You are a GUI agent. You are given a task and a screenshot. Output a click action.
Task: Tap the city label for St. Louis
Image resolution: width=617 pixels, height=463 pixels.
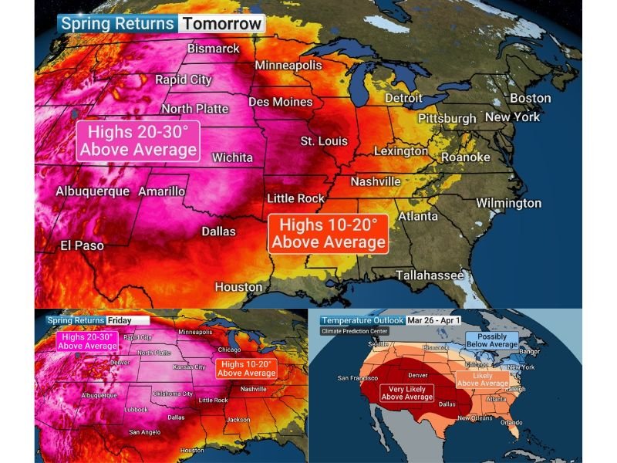click(324, 141)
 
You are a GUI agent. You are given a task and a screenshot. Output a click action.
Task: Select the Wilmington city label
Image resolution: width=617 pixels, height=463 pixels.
click(508, 203)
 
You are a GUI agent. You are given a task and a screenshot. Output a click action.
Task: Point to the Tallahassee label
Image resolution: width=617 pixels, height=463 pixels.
click(430, 275)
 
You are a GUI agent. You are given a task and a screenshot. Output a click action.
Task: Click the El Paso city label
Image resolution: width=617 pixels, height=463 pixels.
click(82, 245)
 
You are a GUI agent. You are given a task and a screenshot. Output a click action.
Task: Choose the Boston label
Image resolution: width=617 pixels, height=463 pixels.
click(530, 98)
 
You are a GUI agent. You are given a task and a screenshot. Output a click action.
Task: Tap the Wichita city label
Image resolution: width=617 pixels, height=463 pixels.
click(232, 157)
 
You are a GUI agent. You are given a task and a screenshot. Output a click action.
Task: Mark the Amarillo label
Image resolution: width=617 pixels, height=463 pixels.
click(161, 191)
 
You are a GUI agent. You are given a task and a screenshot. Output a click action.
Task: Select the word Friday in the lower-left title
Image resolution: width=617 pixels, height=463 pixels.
click(120, 319)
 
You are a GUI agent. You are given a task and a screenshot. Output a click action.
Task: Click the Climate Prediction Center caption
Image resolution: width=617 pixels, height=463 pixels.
click(355, 331)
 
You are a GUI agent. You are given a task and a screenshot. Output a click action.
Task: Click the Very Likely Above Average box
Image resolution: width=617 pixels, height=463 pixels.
click(406, 392)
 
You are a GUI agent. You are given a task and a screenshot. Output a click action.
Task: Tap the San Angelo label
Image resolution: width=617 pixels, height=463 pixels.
click(145, 431)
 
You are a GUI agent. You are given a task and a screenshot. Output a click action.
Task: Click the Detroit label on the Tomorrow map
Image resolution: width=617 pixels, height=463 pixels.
click(403, 98)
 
